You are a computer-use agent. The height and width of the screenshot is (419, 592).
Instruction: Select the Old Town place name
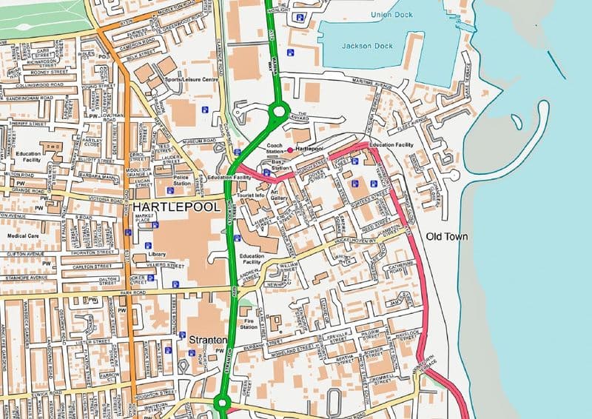(x=448, y=236)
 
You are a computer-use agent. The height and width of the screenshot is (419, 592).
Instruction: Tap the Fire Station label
(x=249, y=323)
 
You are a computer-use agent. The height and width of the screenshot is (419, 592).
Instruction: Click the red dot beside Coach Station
(x=289, y=150)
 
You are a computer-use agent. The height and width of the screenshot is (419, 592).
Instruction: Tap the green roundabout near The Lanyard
(x=278, y=113)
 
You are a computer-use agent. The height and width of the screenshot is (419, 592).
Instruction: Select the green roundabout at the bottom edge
(x=221, y=403)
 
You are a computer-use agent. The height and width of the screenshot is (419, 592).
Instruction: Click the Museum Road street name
(x=178, y=140)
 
